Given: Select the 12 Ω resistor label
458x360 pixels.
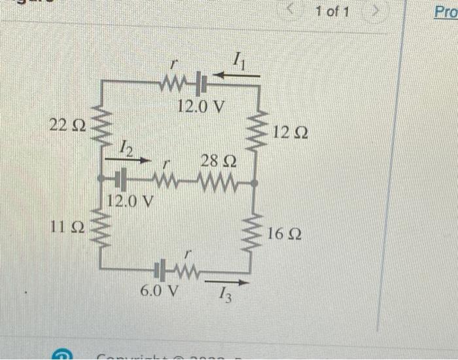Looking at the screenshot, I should (x=291, y=133).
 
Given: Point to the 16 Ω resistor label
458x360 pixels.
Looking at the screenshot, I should (x=285, y=234).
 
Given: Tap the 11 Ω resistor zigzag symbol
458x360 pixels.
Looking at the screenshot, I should (x=101, y=227).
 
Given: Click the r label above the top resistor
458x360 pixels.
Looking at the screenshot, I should (x=173, y=65).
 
